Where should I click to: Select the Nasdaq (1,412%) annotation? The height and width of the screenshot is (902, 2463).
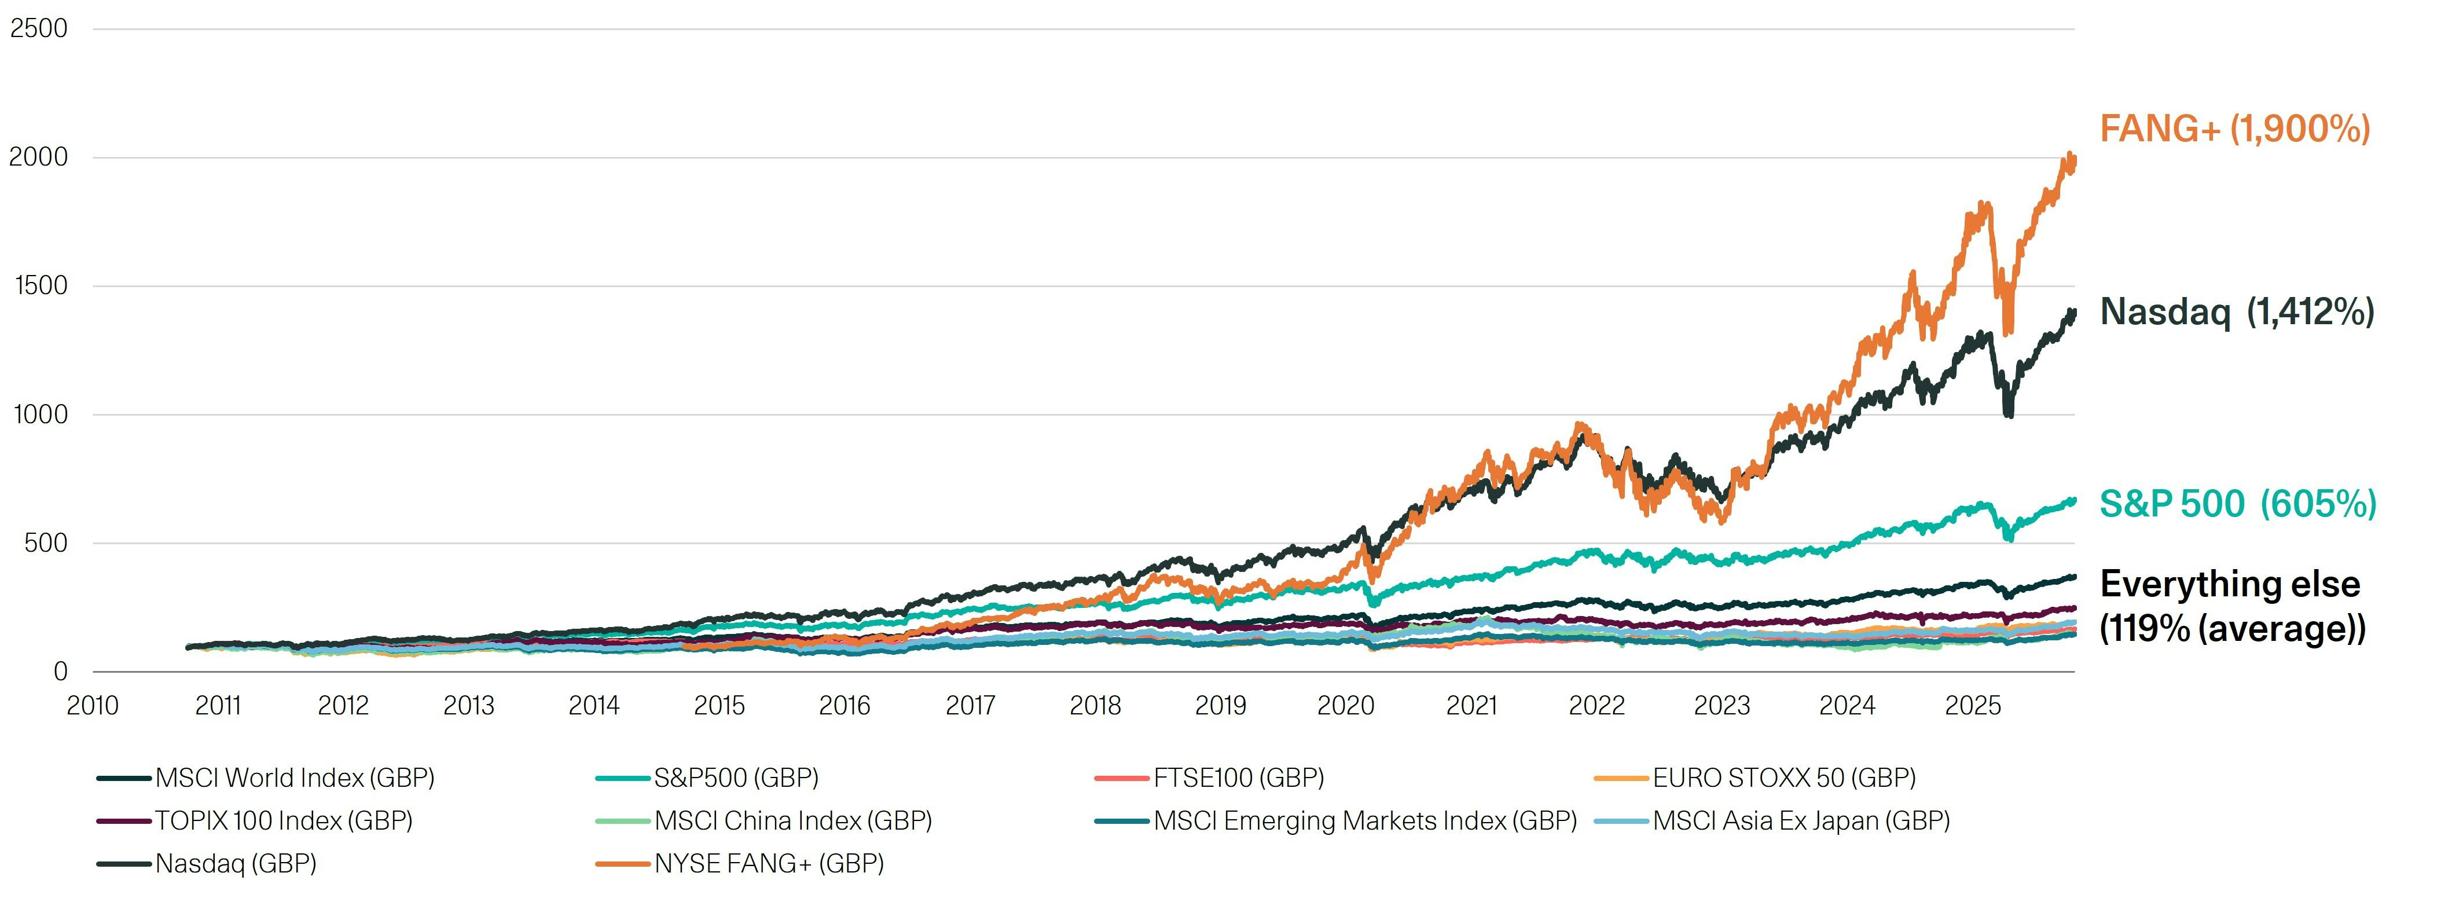(2237, 312)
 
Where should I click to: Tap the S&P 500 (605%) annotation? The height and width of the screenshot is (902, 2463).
(2237, 504)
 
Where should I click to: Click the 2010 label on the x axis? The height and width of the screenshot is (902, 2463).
(93, 706)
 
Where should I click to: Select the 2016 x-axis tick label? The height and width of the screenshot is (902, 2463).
(845, 706)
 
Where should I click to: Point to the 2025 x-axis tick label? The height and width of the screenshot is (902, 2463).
(1973, 706)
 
